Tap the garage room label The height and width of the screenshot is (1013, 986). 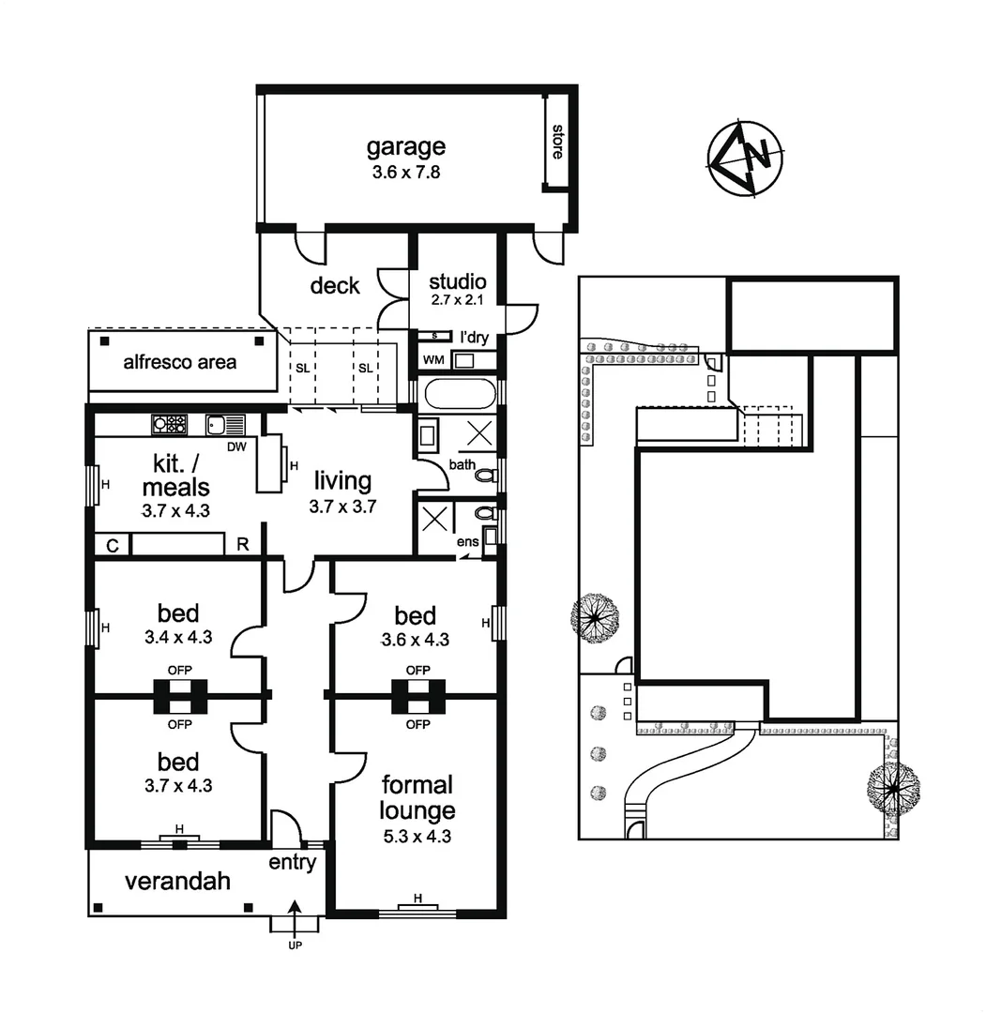405,146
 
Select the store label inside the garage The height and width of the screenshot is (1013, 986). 557,142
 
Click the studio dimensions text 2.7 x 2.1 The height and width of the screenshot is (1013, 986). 457,300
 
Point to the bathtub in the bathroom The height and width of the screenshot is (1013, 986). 457,393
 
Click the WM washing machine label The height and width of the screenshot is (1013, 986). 433,360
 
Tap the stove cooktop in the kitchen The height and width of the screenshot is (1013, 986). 170,424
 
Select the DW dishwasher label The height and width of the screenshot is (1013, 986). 236,446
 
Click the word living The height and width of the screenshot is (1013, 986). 342,481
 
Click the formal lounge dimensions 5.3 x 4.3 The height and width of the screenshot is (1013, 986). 417,837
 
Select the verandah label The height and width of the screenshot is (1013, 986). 178,881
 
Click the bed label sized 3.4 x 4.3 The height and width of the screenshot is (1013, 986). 178,613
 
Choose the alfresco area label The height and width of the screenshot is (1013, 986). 180,361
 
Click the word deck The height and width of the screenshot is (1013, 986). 335,285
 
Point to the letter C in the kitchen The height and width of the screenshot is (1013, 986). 112,545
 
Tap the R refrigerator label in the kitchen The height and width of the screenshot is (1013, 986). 242,545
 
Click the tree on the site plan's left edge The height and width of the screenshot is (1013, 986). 596,619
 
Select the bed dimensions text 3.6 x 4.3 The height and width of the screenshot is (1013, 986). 415,641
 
